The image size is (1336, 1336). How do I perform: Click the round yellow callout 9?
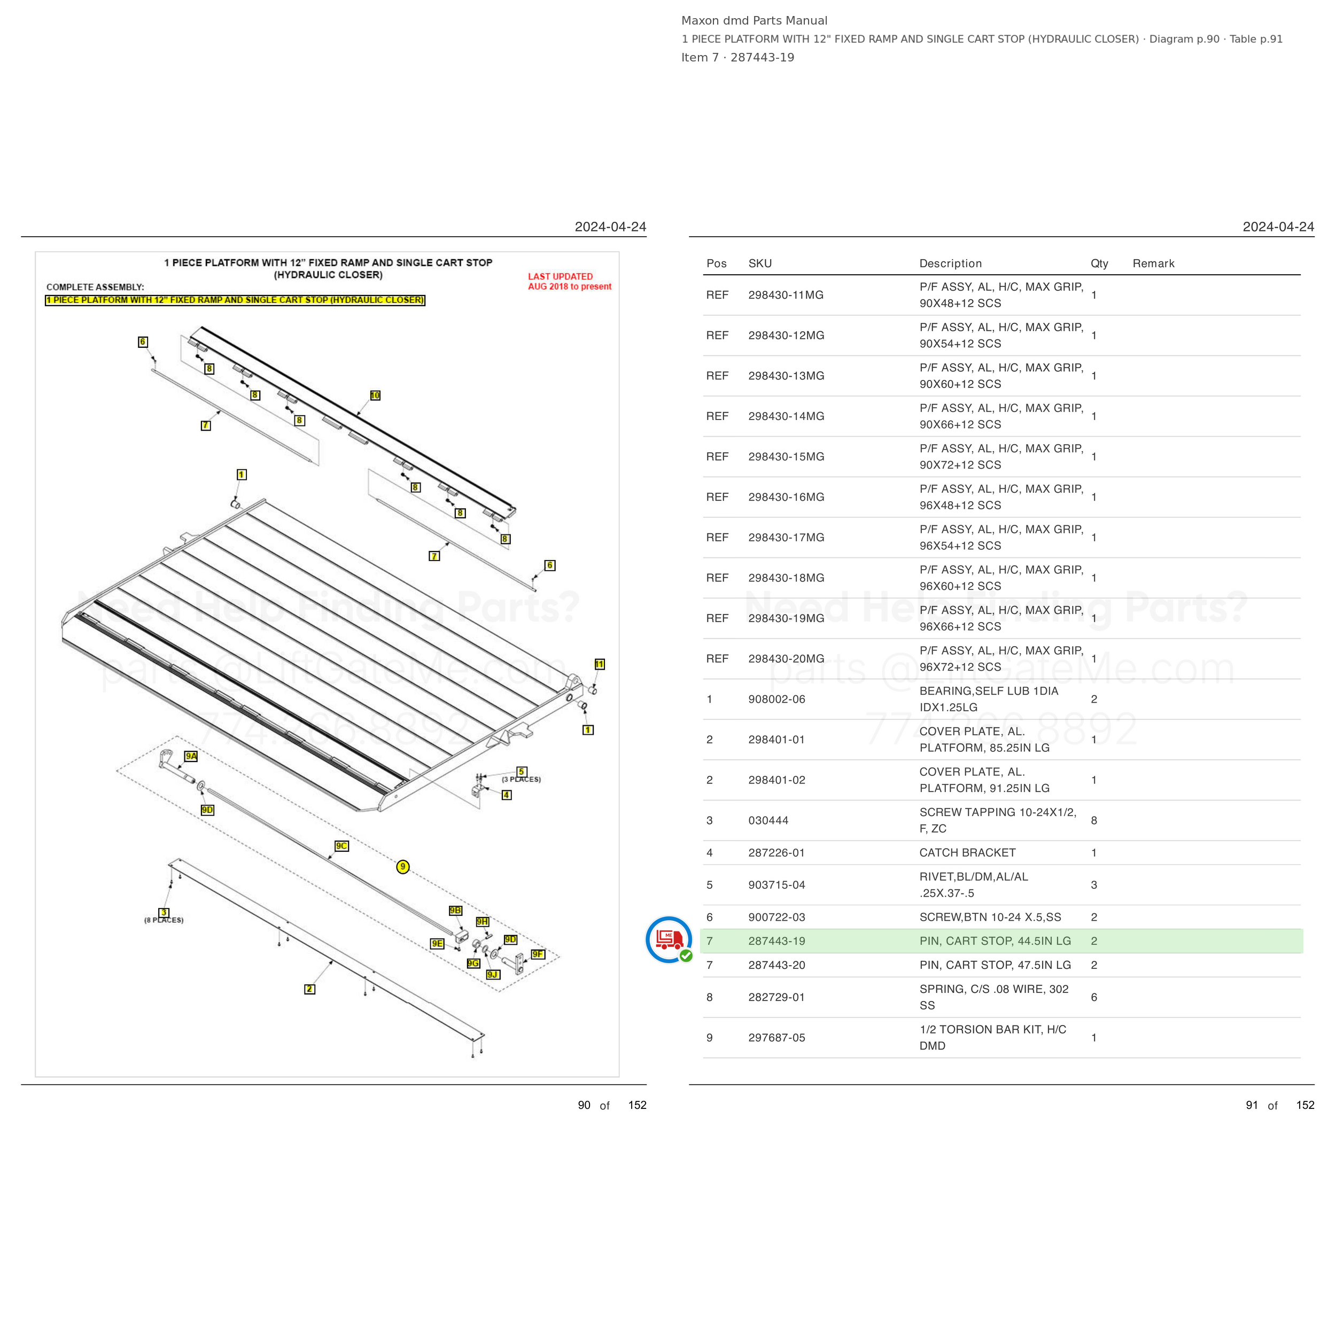tap(403, 866)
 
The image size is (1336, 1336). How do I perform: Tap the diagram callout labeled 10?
tap(375, 395)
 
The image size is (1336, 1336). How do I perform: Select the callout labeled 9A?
tap(191, 756)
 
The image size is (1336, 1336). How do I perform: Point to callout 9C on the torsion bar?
tap(341, 846)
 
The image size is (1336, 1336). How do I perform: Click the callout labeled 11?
tap(600, 664)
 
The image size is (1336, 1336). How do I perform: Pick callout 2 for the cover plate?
tap(310, 989)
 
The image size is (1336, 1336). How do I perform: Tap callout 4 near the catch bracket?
tap(507, 795)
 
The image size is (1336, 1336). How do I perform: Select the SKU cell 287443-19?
tap(776, 941)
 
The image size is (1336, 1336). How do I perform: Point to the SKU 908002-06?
tap(776, 699)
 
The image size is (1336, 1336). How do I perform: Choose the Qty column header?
tap(1099, 263)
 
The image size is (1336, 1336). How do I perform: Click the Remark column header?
tap(1153, 263)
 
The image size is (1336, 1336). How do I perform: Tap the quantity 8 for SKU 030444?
tap(1094, 820)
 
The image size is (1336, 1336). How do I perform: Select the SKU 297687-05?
tap(776, 1037)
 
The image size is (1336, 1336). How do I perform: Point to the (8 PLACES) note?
tap(164, 920)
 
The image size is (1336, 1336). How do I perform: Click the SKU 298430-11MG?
tap(786, 294)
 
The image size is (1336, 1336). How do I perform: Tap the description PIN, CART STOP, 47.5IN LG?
tap(995, 965)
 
